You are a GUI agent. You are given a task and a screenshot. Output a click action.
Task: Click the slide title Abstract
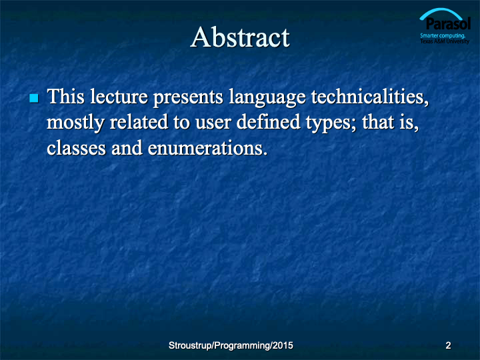click(240, 37)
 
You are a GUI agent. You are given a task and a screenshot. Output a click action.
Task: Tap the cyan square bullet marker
click(34, 98)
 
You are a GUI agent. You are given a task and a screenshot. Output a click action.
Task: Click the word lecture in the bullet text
click(119, 97)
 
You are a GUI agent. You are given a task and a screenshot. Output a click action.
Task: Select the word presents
click(188, 98)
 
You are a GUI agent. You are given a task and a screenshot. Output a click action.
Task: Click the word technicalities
click(370, 97)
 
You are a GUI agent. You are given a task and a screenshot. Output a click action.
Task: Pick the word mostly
click(75, 123)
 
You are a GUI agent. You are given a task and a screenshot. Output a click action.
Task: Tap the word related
click(139, 122)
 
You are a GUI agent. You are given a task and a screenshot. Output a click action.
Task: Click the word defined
click(268, 122)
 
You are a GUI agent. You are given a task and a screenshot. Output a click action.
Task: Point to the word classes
click(76, 148)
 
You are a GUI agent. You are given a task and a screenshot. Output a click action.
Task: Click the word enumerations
click(207, 148)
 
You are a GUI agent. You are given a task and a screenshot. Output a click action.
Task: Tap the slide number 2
click(448, 345)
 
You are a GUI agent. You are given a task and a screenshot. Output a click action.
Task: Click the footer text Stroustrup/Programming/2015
click(231, 345)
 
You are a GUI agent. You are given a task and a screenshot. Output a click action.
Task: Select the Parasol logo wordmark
click(448, 23)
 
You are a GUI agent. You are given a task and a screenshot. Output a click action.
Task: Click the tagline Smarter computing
click(443, 35)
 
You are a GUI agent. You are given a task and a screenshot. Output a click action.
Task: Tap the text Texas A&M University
click(445, 41)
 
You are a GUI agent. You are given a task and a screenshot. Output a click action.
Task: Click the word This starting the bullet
click(65, 97)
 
